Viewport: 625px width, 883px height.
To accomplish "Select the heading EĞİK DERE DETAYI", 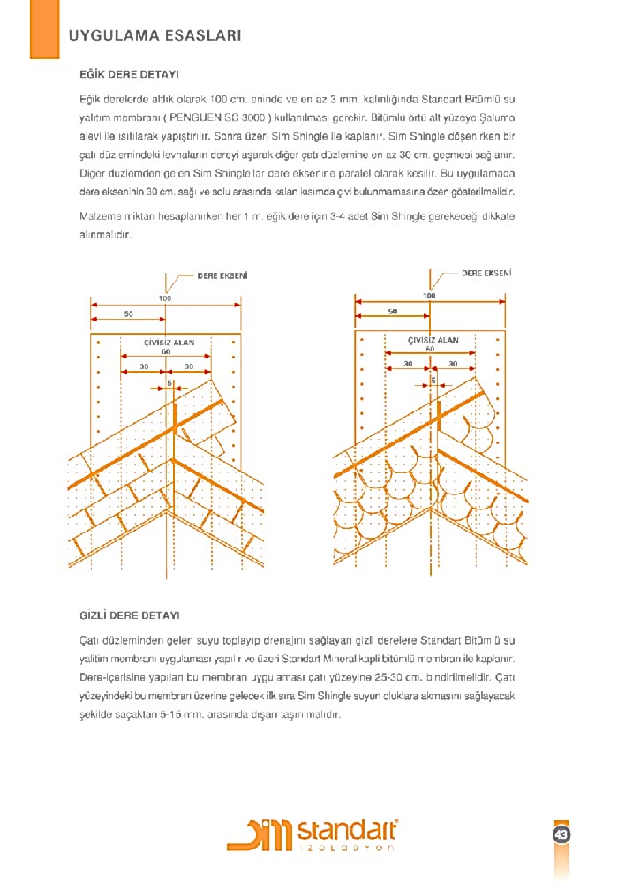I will pyautogui.click(x=130, y=75).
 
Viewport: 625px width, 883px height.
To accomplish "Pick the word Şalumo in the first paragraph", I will pyautogui.click(x=494, y=117).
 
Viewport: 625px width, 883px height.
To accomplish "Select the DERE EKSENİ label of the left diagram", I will pyautogui.click(x=222, y=275).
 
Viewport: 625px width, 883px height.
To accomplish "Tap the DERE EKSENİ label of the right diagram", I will pyautogui.click(x=486, y=274).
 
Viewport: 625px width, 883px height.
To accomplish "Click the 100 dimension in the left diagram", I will pyautogui.click(x=165, y=298).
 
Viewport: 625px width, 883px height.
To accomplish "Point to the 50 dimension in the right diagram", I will pyautogui.click(x=393, y=311).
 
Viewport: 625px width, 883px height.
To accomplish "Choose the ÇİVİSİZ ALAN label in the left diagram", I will pyautogui.click(x=169, y=342).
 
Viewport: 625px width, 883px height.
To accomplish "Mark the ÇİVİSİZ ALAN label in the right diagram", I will pyautogui.click(x=433, y=340).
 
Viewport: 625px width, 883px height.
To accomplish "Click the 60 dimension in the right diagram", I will pyautogui.click(x=430, y=350).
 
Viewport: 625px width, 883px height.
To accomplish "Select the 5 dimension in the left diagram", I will pyautogui.click(x=169, y=382).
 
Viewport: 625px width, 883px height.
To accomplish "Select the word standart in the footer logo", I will pyautogui.click(x=347, y=831).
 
